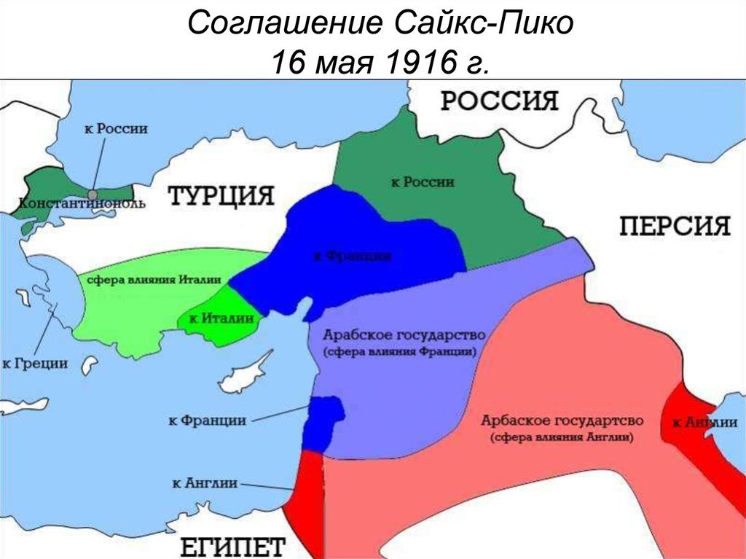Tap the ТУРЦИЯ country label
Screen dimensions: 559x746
tap(221, 196)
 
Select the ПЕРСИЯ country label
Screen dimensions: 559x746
tap(675, 226)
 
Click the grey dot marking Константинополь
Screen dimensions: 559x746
tap(93, 195)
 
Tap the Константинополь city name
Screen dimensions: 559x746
tap(82, 204)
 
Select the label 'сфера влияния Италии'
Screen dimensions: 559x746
tap(155, 281)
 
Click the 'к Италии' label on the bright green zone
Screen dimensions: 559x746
tap(221, 318)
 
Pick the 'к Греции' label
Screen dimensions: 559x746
tap(35, 362)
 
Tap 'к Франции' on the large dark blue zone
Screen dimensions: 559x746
tap(353, 256)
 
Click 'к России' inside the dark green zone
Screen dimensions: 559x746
tap(423, 182)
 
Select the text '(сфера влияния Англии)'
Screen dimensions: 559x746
tap(562, 438)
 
